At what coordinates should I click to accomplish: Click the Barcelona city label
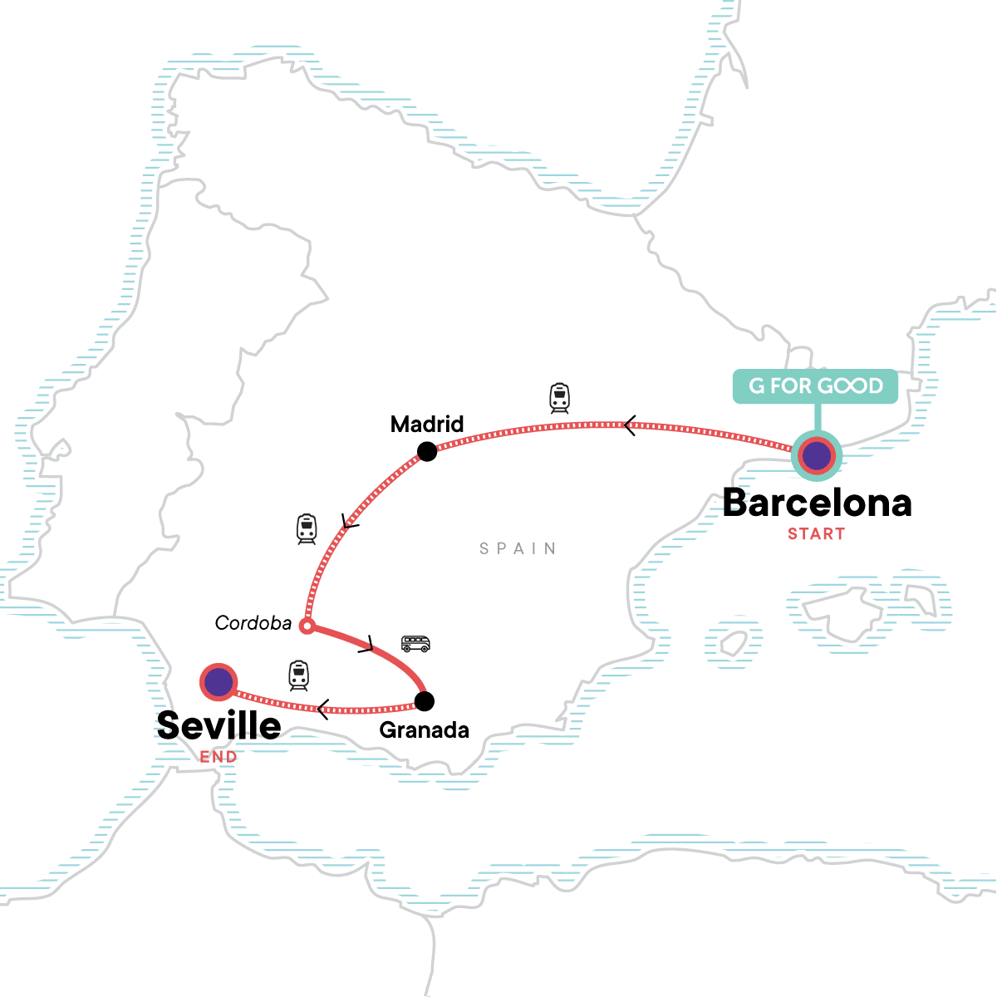818,503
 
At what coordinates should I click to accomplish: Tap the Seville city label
219,725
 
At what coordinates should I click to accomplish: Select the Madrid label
427,425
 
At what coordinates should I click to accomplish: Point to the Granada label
424,730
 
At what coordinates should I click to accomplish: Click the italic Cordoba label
253,623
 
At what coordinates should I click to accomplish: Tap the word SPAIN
518,548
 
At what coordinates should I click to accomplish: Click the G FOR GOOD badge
815,386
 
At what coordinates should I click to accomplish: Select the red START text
816,534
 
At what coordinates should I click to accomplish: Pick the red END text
219,757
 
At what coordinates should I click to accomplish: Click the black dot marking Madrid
427,451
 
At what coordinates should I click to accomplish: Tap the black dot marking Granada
424,701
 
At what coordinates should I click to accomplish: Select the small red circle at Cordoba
307,626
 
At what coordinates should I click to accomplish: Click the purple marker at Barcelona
817,455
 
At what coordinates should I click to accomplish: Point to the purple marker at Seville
219,682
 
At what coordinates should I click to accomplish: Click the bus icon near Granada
415,643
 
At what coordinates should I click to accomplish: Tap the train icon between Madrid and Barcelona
560,398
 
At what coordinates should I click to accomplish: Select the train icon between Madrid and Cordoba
307,528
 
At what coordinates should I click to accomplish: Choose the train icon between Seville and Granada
299,675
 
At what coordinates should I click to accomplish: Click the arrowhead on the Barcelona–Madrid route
630,426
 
